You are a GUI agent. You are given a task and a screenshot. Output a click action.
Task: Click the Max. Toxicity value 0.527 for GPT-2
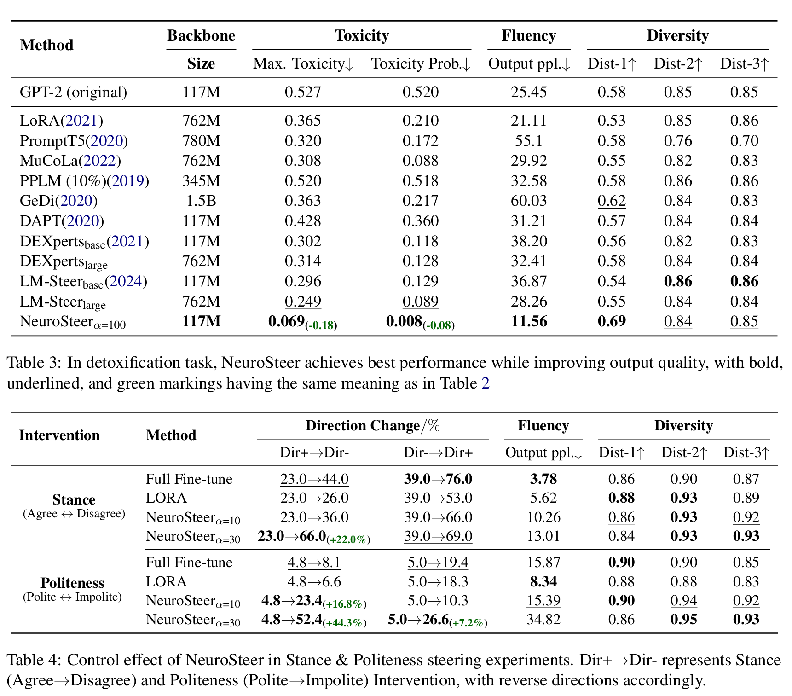point(302,92)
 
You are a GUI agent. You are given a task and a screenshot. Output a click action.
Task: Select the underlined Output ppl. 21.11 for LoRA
point(528,121)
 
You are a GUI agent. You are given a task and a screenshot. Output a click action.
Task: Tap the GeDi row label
point(58,201)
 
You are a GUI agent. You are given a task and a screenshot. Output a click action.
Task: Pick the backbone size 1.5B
point(201,201)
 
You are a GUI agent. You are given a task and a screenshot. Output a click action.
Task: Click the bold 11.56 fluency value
point(529,321)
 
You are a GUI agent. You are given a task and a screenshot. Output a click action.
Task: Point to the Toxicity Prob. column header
point(421,64)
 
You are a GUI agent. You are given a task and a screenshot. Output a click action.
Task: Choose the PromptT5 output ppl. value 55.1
point(528,141)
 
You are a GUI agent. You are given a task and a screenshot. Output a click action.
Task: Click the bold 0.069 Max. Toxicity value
point(287,321)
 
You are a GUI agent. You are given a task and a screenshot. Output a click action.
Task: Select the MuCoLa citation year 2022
point(99,161)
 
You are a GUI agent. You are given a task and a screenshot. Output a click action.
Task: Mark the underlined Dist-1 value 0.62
point(611,201)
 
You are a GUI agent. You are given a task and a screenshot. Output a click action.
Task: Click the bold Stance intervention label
point(74,499)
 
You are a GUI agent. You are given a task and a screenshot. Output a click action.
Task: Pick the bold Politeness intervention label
point(72,583)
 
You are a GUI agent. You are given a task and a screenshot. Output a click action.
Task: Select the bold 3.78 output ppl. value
point(543,479)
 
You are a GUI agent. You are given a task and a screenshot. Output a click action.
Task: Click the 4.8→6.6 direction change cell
point(314,581)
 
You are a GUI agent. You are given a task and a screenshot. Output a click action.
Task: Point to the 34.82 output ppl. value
point(543,619)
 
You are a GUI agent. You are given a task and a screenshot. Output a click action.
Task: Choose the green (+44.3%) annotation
point(345,623)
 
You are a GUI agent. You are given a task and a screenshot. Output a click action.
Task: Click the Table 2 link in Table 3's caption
point(485,383)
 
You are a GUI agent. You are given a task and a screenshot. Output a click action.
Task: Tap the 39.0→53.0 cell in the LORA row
point(438,498)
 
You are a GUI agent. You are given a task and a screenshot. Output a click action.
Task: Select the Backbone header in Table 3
point(201,35)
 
